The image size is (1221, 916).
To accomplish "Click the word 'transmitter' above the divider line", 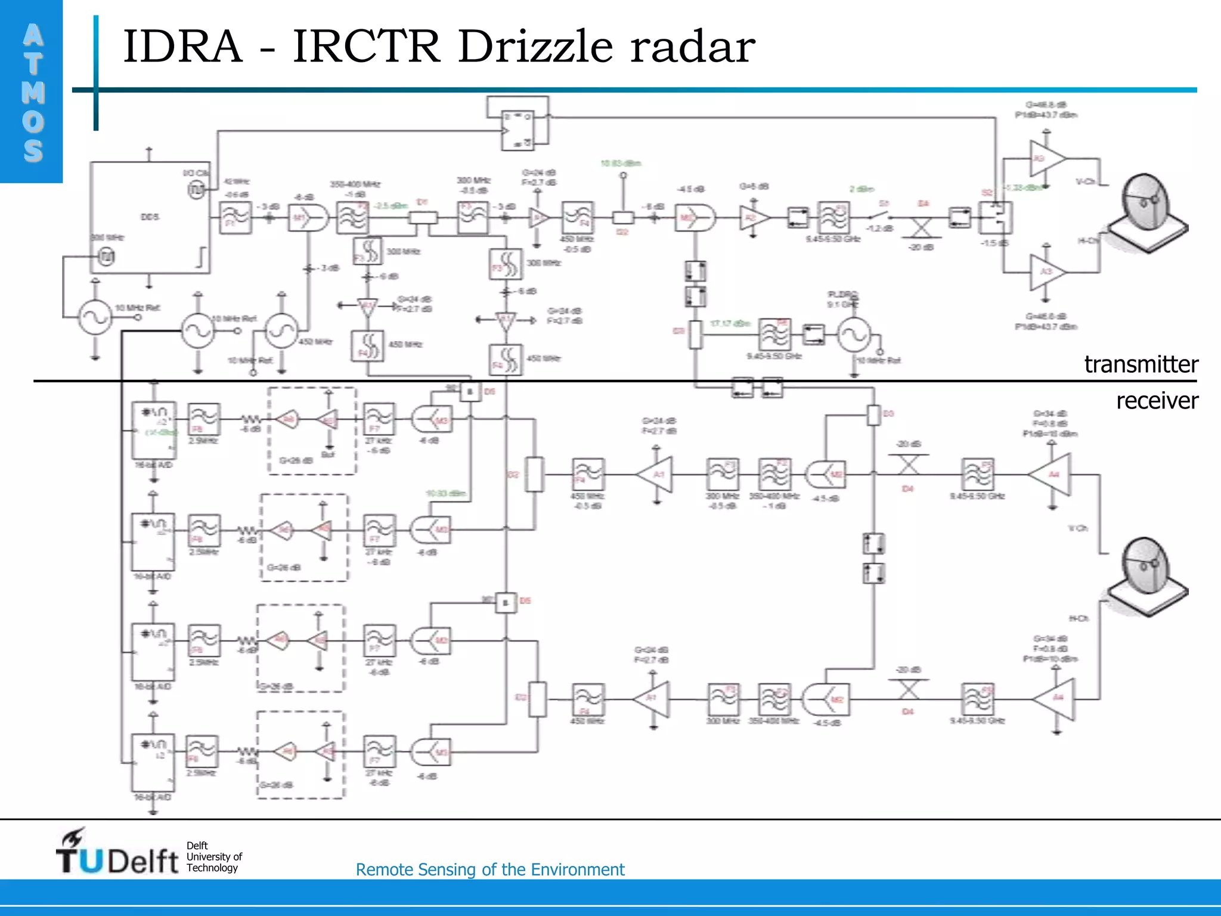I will point(1141,364).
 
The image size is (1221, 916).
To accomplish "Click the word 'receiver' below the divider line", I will point(1157,401).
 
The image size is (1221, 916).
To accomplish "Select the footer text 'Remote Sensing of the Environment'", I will point(489,869).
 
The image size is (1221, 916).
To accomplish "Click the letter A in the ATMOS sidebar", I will point(33,36).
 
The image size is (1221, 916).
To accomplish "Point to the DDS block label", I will point(150,217).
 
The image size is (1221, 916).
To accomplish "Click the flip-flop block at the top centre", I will point(517,130).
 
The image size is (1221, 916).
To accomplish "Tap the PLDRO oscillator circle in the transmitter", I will point(854,335).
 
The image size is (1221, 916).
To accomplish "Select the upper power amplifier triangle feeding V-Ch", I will point(1046,159).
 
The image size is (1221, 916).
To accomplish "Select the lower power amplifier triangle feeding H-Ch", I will point(1046,272).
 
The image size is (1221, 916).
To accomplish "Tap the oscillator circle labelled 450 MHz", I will point(281,330).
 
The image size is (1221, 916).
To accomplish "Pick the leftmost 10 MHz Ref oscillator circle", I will point(95,317).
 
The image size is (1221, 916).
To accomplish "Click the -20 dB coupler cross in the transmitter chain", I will point(922,227).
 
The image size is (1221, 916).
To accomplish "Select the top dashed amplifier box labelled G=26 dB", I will point(312,431).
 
